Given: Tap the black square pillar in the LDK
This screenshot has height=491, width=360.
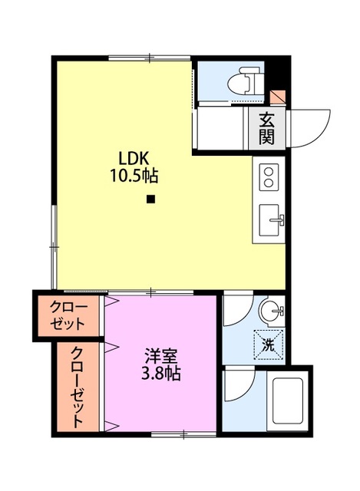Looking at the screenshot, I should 150,201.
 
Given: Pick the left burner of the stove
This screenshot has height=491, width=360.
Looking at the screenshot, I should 265,178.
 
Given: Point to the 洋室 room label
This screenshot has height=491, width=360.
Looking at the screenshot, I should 161,357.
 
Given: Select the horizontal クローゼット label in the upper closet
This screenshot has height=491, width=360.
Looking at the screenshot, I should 69,315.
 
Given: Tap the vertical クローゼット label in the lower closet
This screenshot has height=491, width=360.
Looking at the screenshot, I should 78,387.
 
